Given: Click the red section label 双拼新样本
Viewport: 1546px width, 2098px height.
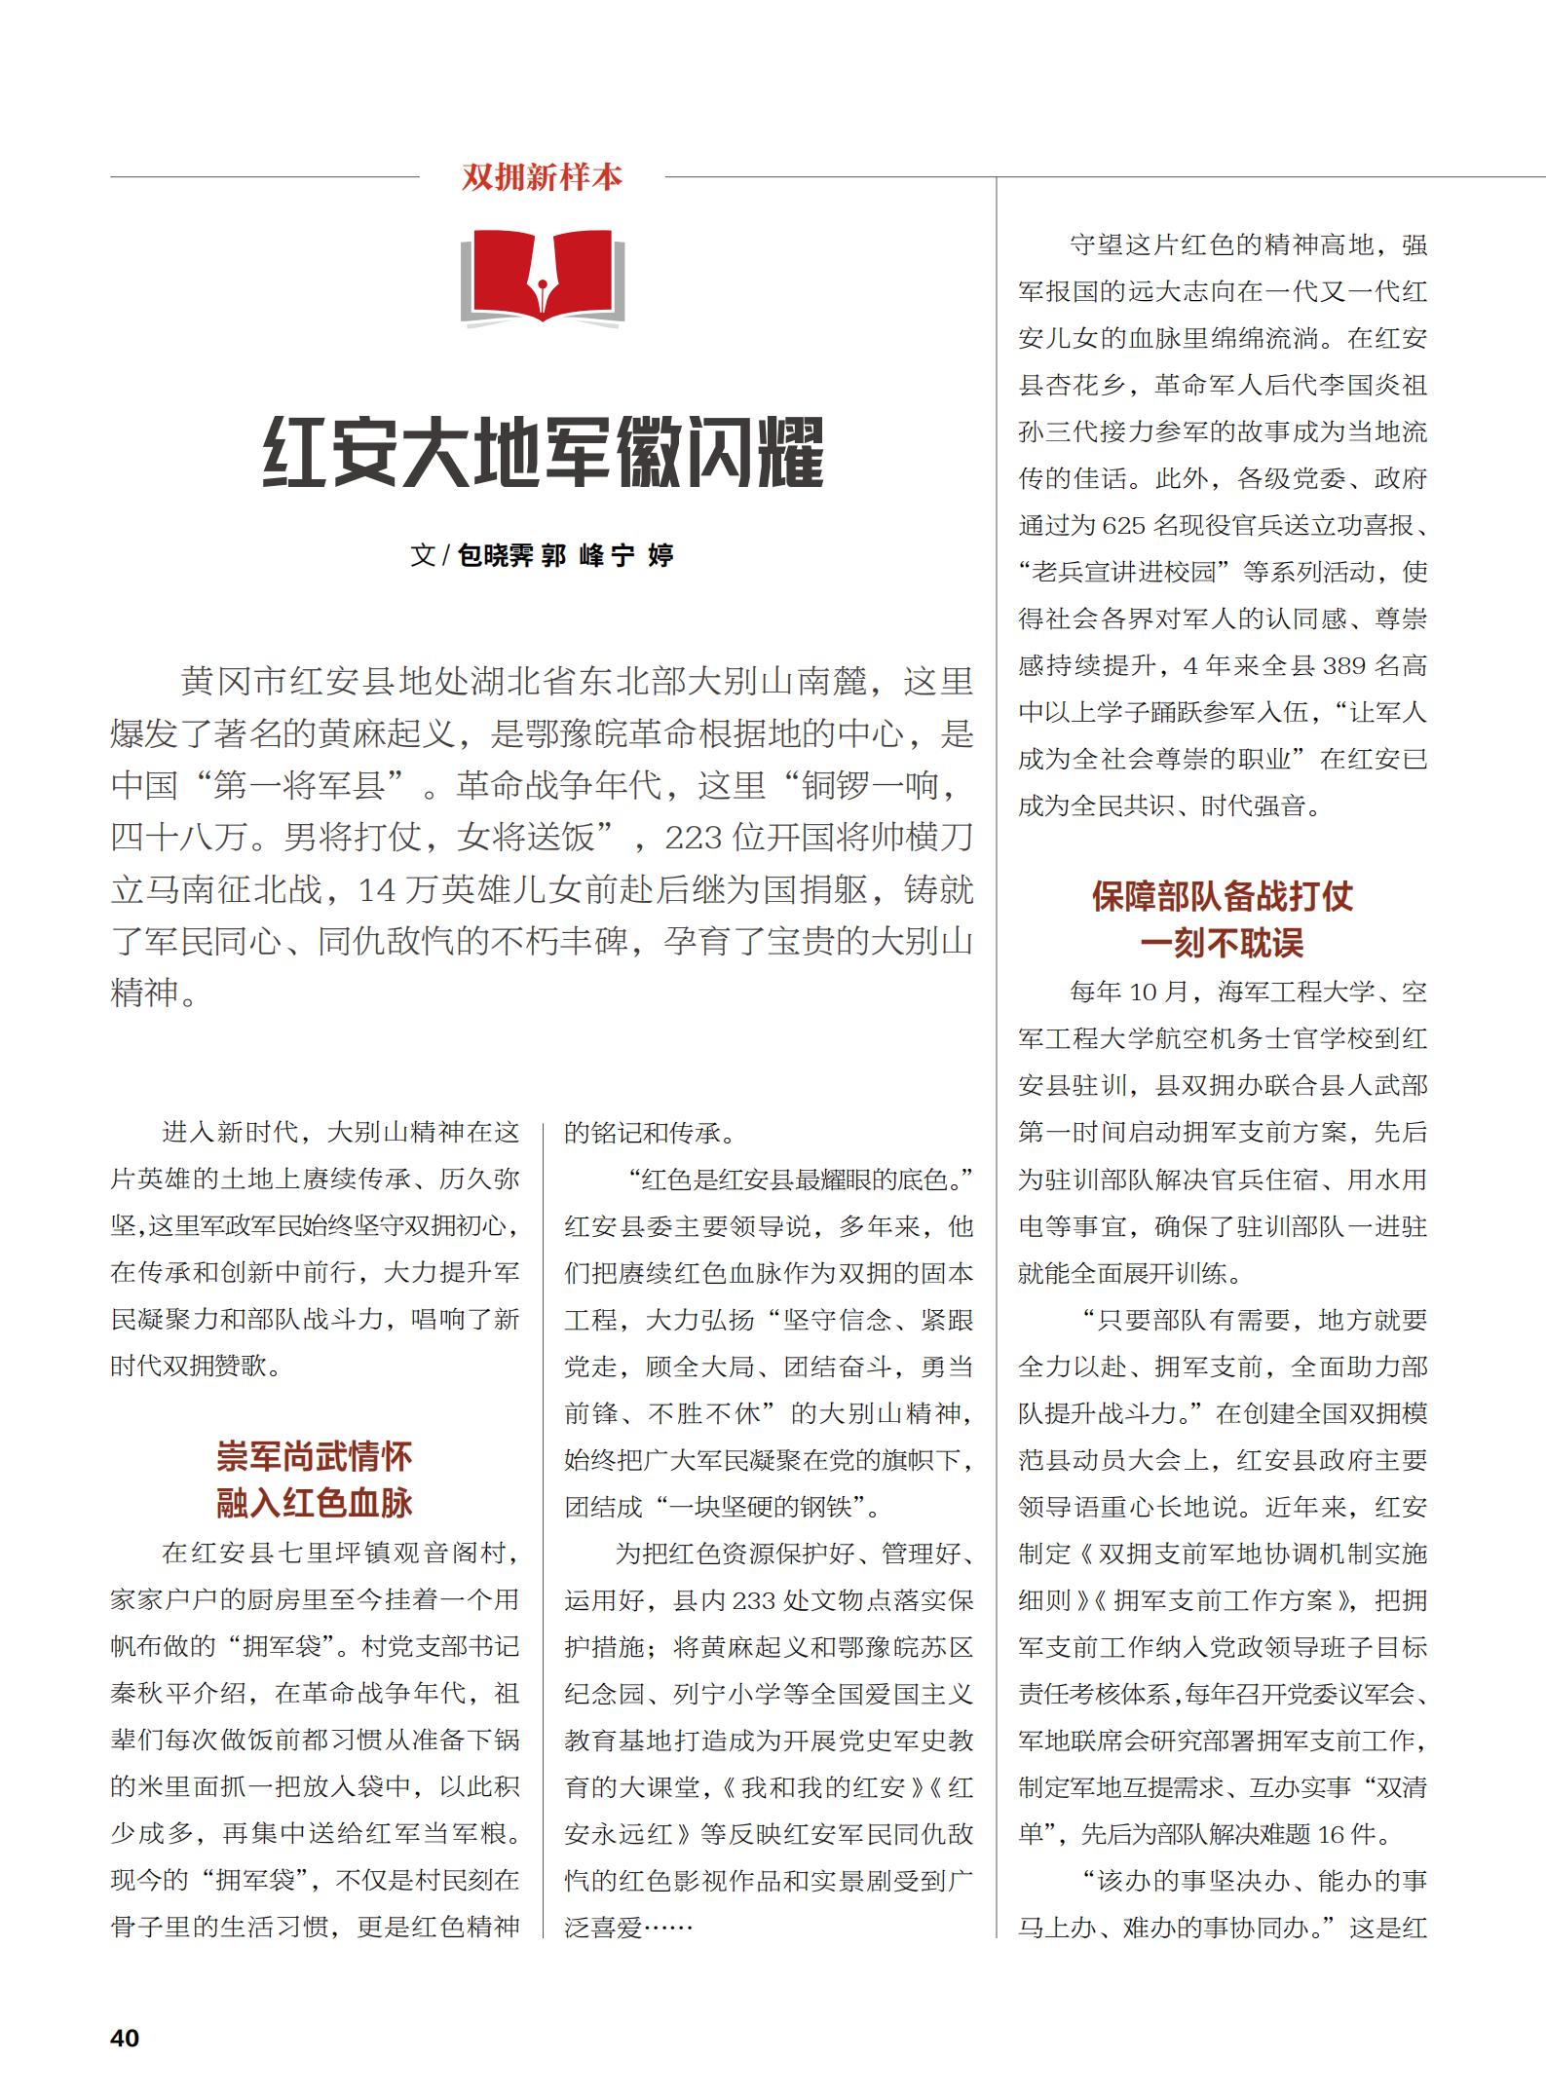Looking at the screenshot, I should click(542, 177).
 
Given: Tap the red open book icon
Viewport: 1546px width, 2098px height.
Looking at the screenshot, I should click(542, 277).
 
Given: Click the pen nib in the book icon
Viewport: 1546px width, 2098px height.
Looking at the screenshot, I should click(542, 282).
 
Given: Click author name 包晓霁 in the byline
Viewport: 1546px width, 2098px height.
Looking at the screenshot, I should click(496, 556).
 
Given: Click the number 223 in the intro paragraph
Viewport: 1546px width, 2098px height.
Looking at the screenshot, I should click(696, 838).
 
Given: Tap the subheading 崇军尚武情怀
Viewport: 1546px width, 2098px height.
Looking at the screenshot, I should click(315, 1457).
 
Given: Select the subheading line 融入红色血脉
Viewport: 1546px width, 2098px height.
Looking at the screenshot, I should click(315, 1503).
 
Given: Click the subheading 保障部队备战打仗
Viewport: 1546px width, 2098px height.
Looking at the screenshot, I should click(1223, 896).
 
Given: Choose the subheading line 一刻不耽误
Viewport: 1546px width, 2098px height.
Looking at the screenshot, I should click(1223, 943).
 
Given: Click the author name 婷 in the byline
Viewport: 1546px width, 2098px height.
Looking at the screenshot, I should click(660, 556).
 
